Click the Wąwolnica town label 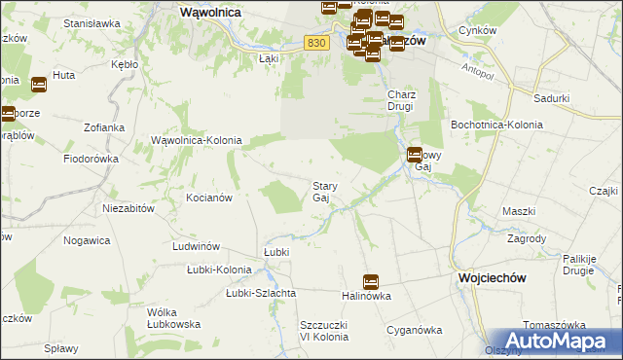(211, 14)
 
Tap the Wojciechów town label (492, 277)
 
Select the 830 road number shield (313, 42)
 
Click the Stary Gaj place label (323, 192)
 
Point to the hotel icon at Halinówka (370, 282)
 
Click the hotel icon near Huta (38, 85)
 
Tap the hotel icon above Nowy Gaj (415, 154)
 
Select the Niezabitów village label (129, 208)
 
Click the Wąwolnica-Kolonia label (197, 141)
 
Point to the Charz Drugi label (402, 101)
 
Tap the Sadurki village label (552, 98)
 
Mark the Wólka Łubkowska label (174, 318)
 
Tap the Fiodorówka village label (91, 158)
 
